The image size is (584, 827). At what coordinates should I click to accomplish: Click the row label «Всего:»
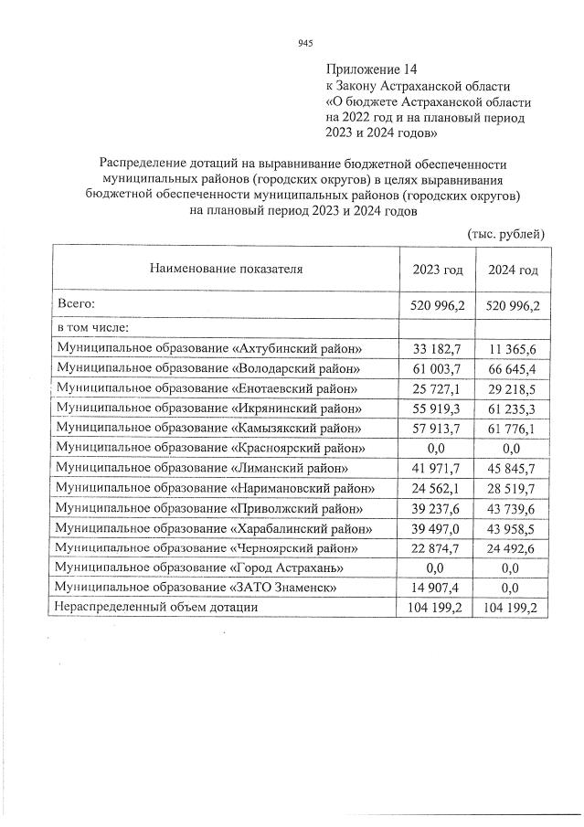point(77,302)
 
